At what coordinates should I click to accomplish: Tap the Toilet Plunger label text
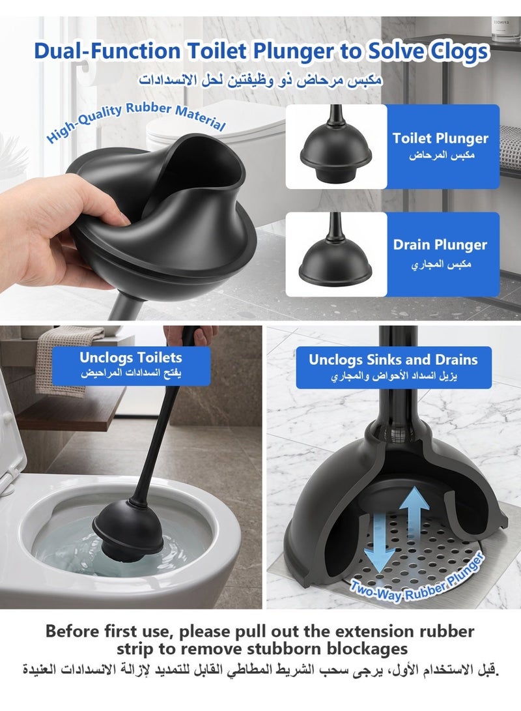click(x=440, y=138)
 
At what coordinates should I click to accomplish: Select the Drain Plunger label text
click(x=440, y=245)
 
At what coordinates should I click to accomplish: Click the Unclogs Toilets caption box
click(x=131, y=366)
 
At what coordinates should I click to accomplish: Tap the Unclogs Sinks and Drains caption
click(x=393, y=368)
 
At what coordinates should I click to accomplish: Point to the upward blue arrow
click(x=414, y=513)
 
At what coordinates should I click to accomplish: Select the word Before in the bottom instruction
click(x=72, y=631)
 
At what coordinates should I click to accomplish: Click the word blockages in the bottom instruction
click(x=367, y=649)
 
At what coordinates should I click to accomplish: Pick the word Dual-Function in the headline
click(x=107, y=51)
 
